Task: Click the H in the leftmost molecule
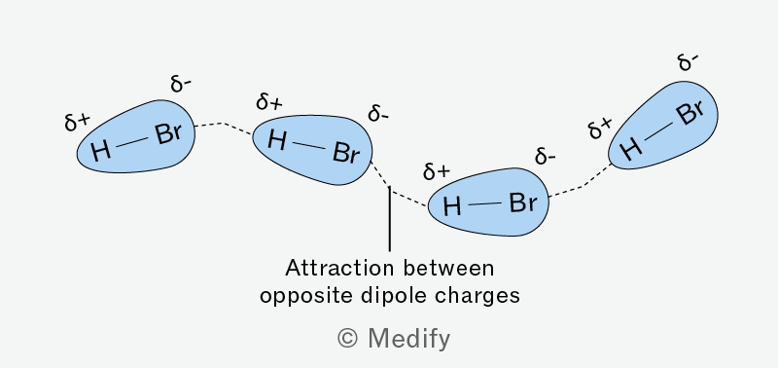tap(101, 150)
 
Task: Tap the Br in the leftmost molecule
tap(167, 132)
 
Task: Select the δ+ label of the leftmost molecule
tap(78, 122)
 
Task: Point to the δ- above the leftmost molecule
tap(181, 85)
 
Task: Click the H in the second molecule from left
tap(277, 140)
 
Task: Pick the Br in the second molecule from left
tap(346, 153)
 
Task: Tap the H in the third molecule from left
tap(452, 206)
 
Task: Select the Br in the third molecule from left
tap(523, 203)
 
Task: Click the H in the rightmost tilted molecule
tap(630, 148)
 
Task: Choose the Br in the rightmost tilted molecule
tap(690, 114)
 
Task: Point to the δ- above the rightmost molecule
tap(689, 62)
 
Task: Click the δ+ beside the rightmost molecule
tap(600, 129)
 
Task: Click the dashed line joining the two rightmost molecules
tap(583, 186)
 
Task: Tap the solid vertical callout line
tap(390, 218)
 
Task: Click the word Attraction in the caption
tap(338, 269)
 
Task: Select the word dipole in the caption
tap(397, 297)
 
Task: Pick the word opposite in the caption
tap(305, 297)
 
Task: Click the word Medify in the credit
tap(408, 339)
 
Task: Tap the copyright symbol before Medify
tap(347, 339)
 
